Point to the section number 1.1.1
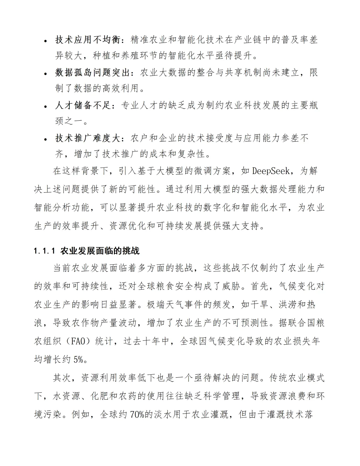(45, 251)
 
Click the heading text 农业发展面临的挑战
(100, 251)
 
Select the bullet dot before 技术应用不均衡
(46, 41)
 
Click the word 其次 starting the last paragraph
(62, 378)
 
